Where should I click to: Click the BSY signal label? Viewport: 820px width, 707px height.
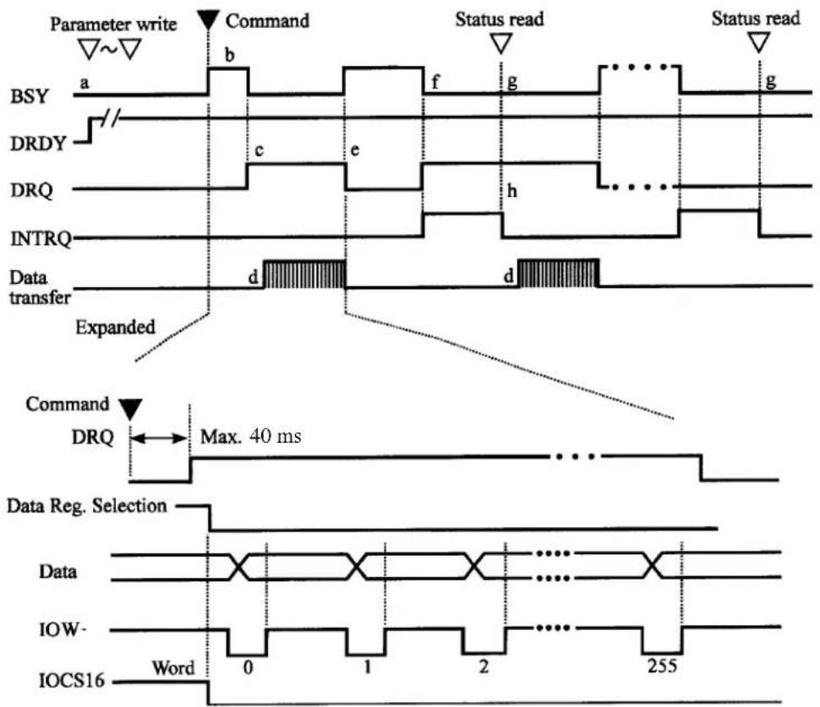point(30,96)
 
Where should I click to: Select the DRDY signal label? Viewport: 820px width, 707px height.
point(38,144)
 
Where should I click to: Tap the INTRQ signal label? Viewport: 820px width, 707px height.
point(41,238)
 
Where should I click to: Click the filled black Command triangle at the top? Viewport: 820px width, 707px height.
point(208,21)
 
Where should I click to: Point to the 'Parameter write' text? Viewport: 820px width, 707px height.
point(113,24)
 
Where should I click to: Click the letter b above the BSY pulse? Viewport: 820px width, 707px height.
point(229,54)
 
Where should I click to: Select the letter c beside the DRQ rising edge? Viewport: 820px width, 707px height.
point(259,150)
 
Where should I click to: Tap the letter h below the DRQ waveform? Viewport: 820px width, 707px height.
point(512,191)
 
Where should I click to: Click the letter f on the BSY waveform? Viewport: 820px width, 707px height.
point(435,82)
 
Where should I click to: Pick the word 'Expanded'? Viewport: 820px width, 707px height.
point(116,328)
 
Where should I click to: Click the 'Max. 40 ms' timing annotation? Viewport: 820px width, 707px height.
point(251,436)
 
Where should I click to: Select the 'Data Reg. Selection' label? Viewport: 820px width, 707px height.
point(87,506)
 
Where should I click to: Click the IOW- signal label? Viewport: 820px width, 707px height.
point(63,629)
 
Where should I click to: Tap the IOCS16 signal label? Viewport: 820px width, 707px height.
point(72,680)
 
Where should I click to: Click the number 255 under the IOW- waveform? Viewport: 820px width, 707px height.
point(662,666)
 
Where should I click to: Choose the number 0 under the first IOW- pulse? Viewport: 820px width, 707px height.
point(248,667)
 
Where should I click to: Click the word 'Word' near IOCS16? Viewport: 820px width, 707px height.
point(173,667)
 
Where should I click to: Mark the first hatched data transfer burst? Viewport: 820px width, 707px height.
point(304,274)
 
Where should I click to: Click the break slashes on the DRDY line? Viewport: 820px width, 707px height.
point(111,117)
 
